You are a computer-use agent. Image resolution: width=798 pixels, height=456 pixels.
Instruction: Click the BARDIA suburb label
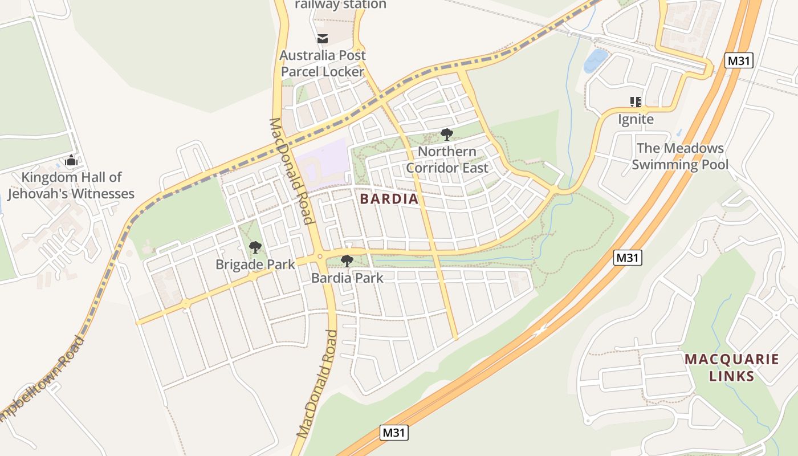(x=389, y=199)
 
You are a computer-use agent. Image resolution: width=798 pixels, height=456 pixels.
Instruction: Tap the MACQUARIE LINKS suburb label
(x=731, y=368)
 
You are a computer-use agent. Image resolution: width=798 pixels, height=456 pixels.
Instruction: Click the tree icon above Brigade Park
(x=255, y=247)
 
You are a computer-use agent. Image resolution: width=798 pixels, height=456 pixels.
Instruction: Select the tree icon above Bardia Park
(x=347, y=261)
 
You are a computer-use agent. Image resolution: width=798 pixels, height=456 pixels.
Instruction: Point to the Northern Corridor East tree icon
(x=447, y=135)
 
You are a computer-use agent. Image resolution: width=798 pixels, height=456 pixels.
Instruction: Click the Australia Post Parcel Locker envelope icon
(x=323, y=39)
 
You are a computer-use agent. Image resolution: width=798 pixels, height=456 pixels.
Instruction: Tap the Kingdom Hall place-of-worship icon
(x=71, y=161)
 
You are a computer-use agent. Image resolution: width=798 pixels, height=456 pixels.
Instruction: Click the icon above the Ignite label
(x=636, y=102)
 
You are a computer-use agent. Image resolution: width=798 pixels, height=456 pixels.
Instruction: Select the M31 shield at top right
(x=739, y=60)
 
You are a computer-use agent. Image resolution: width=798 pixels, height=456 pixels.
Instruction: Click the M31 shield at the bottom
(x=394, y=433)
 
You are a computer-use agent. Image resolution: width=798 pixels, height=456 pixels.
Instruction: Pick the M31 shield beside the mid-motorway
(x=628, y=258)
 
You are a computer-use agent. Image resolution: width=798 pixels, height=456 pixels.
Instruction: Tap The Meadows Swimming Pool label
(x=680, y=157)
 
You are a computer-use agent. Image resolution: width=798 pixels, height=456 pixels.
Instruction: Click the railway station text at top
(x=340, y=5)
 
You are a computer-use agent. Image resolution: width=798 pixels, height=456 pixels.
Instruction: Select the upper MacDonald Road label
(x=291, y=171)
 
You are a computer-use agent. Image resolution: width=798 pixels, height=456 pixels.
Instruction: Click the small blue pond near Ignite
(x=595, y=60)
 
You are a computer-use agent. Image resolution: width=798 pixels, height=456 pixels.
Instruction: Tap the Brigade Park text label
(x=255, y=264)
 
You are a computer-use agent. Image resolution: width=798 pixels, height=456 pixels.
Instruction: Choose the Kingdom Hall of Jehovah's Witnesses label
(x=71, y=186)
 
